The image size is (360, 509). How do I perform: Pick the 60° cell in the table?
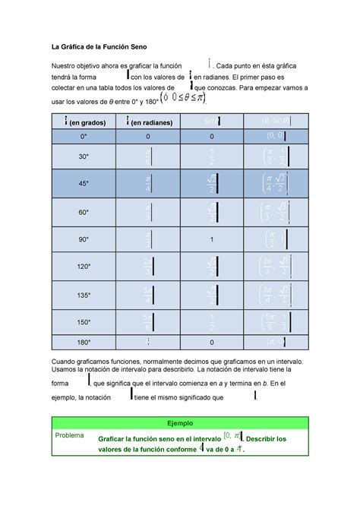click(x=83, y=213)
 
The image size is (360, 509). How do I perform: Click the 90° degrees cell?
click(x=83, y=240)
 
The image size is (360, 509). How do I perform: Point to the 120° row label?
click(x=83, y=267)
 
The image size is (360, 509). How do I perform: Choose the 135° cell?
click(x=83, y=295)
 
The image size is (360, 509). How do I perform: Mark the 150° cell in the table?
click(x=83, y=322)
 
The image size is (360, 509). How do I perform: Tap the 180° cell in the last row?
click(x=83, y=342)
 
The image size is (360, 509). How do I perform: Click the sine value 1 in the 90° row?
click(x=212, y=240)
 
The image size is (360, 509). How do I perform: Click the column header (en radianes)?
click(x=151, y=122)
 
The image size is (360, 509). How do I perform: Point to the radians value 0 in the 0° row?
click(x=147, y=137)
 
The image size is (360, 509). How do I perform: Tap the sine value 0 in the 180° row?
click(x=212, y=342)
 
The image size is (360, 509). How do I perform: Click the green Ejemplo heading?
click(x=180, y=422)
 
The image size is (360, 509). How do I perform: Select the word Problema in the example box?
click(x=68, y=435)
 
